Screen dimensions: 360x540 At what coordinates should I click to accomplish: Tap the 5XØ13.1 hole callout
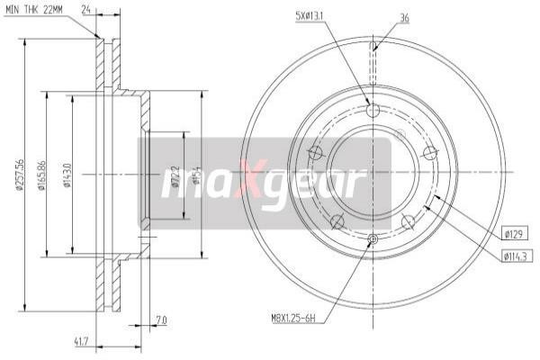[x=313, y=16]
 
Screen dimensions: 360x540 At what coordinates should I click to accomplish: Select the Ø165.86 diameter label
[x=41, y=176]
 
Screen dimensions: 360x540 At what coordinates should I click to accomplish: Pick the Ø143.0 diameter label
[x=67, y=176]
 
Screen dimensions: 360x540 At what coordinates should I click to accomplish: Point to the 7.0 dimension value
[x=161, y=319]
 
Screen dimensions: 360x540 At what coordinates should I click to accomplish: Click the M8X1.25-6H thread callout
[x=296, y=318]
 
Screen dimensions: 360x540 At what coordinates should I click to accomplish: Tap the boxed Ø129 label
[x=513, y=234]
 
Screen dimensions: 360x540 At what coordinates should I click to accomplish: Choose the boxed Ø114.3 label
[x=515, y=256]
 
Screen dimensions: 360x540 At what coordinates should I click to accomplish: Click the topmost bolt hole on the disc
[x=373, y=111]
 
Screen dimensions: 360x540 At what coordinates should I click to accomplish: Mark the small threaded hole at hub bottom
[x=373, y=239]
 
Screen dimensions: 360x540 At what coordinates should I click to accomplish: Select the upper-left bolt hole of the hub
[x=316, y=152]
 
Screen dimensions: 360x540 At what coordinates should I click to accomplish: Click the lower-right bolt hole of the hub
[x=408, y=220]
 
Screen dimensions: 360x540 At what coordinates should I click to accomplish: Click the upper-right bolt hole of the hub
[x=429, y=152]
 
